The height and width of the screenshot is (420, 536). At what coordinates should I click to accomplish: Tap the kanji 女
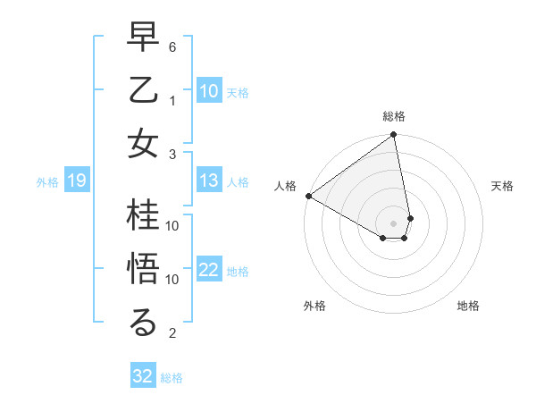(144, 144)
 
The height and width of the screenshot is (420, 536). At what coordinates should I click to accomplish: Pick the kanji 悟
(144, 269)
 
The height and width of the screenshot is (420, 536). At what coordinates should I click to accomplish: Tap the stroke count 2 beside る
(172, 334)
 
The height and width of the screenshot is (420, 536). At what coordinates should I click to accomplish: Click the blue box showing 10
(209, 91)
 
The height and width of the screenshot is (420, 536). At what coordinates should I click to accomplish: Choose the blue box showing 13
(209, 181)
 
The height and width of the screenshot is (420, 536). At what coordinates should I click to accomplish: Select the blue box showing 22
(209, 271)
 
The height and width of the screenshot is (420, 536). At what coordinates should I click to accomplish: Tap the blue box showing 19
(76, 181)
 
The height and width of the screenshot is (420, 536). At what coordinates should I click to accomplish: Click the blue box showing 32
(143, 376)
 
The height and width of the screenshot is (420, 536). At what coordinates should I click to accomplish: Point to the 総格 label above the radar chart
(394, 117)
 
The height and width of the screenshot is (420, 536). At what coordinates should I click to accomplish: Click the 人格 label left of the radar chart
(285, 186)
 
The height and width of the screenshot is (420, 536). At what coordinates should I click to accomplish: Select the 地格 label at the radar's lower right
(468, 306)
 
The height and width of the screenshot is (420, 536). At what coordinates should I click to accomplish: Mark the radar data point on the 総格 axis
(394, 136)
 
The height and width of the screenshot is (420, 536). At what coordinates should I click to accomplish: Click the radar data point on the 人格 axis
(308, 196)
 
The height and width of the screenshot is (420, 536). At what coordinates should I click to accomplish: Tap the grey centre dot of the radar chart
(394, 223)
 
